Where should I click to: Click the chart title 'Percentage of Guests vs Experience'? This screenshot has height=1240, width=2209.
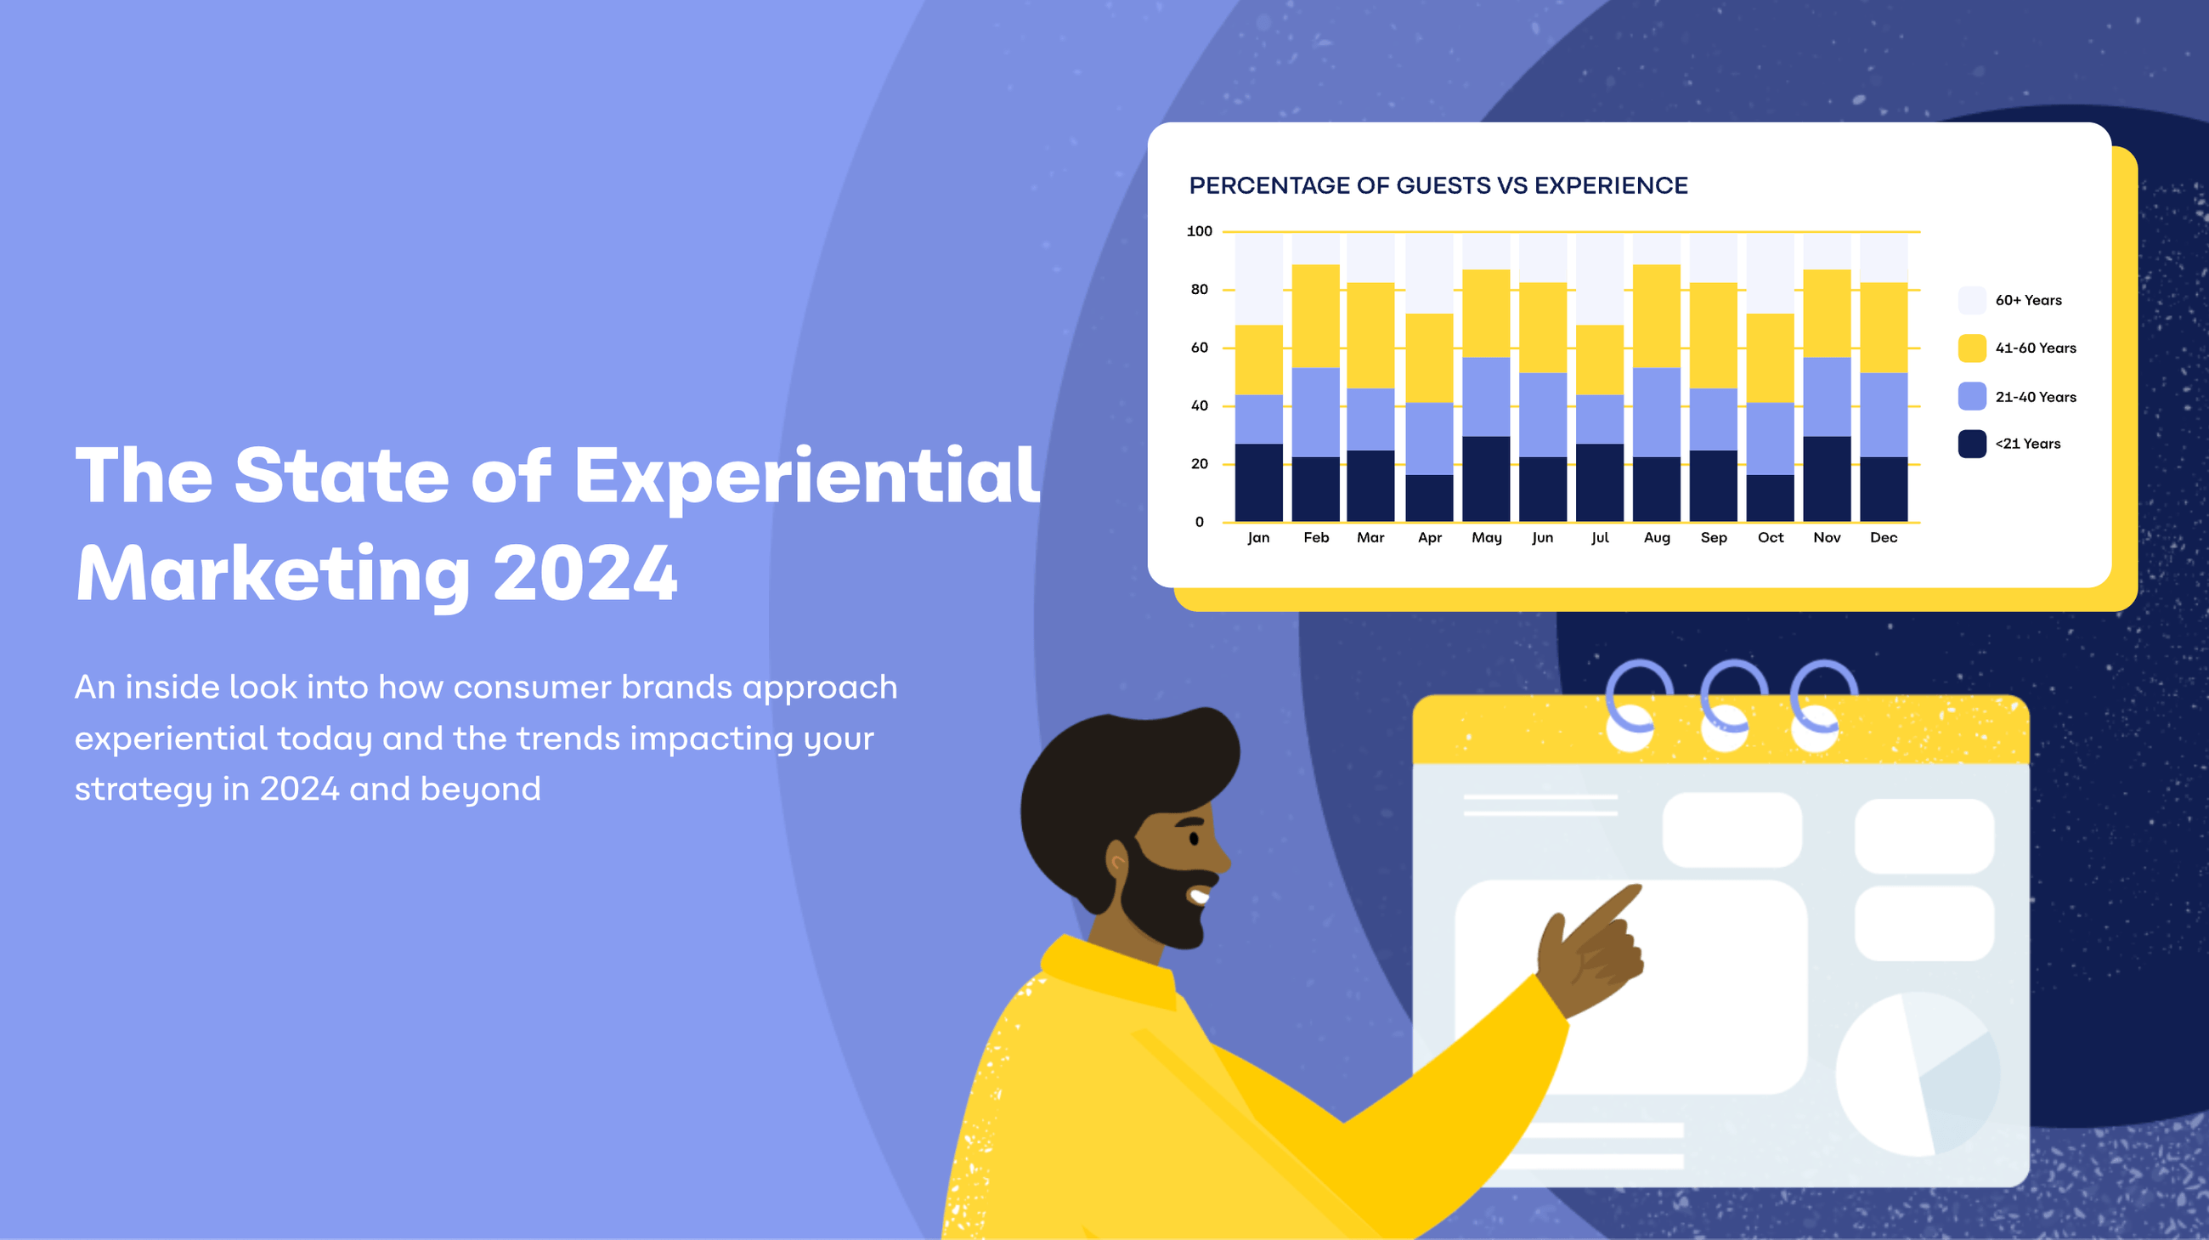pos(1438,185)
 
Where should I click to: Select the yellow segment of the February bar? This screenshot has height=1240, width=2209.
pos(1315,315)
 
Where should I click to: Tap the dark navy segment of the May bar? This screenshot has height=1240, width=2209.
pos(1486,478)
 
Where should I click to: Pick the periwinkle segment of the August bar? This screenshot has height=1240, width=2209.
pos(1656,411)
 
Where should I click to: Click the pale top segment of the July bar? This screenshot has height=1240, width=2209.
pos(1599,279)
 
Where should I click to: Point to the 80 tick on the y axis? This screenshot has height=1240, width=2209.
pos(1199,290)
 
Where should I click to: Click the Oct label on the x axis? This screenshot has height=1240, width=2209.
pos(1770,538)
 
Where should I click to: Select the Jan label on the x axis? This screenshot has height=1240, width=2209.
pos(1258,538)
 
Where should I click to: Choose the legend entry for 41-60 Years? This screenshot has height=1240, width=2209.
pos(2035,348)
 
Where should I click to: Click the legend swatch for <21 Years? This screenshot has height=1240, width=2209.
pos(1971,444)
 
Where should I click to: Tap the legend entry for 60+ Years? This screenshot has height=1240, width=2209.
pos(2028,300)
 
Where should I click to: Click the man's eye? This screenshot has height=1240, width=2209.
pos(1194,838)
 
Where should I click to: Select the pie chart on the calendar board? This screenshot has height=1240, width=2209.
pos(1918,1073)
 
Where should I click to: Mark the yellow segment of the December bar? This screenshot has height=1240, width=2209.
pos(1883,327)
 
